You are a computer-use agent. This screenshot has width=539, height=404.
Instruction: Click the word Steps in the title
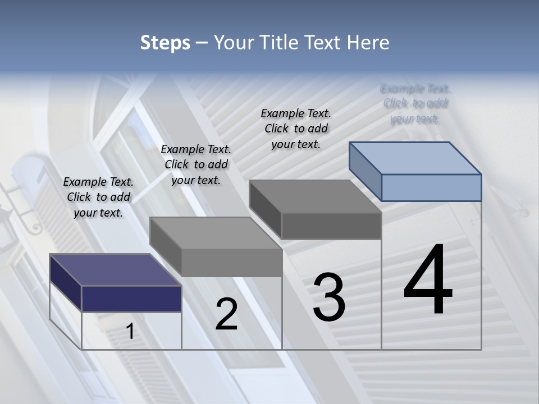tap(165, 43)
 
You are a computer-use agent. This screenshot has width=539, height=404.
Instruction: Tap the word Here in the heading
tap(368, 43)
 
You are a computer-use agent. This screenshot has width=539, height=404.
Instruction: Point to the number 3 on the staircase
tap(329, 297)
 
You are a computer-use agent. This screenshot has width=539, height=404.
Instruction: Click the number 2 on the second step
tap(226, 314)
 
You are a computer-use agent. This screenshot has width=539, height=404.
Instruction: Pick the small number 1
tap(130, 332)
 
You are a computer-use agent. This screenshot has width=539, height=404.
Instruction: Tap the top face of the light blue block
tap(415, 158)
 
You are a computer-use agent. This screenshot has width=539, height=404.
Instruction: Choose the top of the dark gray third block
tap(315, 196)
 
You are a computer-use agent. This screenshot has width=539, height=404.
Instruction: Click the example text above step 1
tap(98, 197)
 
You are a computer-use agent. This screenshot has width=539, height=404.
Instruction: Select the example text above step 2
tap(196, 164)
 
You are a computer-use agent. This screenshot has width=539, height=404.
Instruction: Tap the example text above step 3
tap(296, 128)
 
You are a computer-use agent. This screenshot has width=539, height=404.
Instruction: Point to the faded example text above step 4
tap(415, 103)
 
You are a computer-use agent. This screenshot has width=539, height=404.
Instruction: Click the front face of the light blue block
tap(431, 187)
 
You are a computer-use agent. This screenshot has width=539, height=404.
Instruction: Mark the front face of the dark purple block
tap(131, 299)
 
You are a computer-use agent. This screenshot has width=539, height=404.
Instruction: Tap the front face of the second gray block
tap(231, 263)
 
